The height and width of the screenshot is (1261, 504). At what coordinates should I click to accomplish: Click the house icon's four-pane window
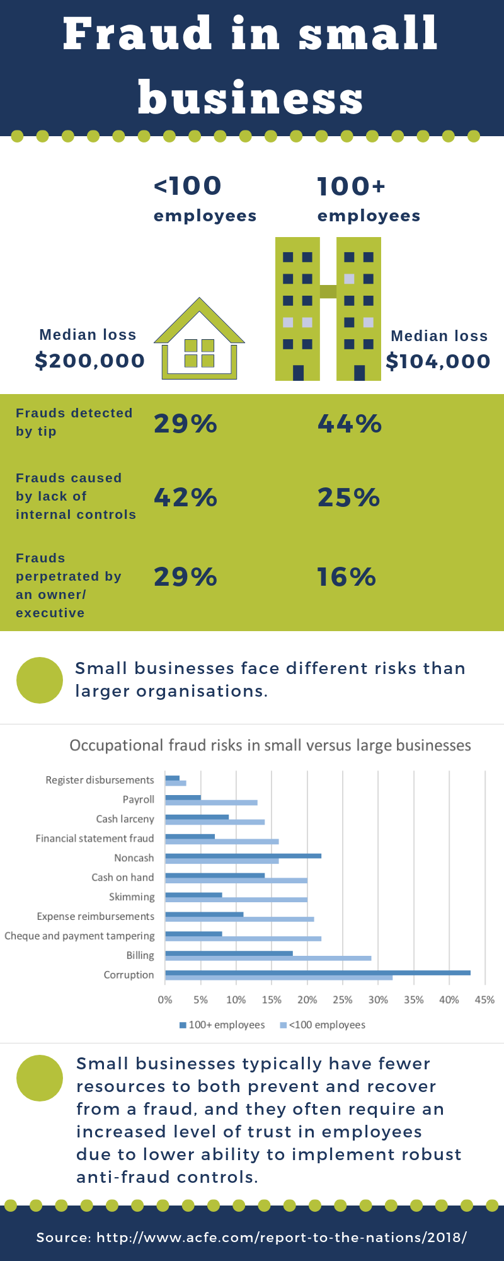tap(199, 353)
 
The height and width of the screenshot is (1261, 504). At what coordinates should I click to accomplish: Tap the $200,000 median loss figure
tap(90, 361)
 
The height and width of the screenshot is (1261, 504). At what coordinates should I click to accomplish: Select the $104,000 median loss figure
tap(438, 361)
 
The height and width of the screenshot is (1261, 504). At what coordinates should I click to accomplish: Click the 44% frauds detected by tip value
tap(350, 424)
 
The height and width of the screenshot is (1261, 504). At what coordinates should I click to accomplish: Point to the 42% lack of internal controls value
tap(186, 497)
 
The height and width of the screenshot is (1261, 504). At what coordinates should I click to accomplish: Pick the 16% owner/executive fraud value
tap(346, 577)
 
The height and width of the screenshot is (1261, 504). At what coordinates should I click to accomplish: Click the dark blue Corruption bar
tap(318, 973)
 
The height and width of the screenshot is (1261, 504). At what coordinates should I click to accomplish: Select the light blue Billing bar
tap(268, 958)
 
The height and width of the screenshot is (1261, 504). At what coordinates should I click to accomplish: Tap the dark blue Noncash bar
tap(243, 856)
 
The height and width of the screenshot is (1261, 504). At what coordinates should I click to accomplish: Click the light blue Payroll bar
tap(211, 803)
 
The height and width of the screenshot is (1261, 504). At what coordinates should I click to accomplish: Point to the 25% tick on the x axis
tap(343, 1000)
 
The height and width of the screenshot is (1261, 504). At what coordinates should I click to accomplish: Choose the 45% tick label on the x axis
tap(484, 1000)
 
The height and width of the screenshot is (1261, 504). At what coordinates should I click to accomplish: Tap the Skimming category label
tap(132, 897)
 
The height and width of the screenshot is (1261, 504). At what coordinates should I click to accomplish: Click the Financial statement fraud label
tap(94, 839)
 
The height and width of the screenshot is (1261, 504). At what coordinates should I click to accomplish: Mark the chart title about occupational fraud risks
tap(270, 745)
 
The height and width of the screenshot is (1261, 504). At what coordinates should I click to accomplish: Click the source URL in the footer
tap(282, 1238)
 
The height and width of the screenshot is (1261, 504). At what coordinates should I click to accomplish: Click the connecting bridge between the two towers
tap(328, 291)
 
